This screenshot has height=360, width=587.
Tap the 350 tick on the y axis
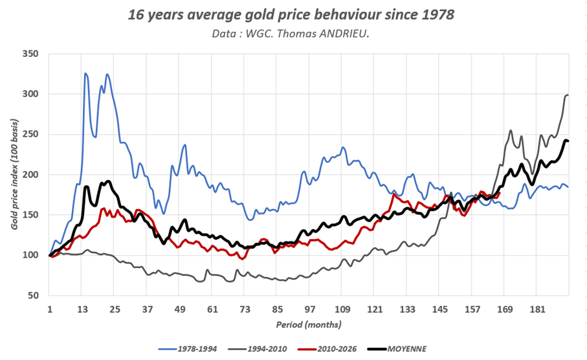[x=30, y=54]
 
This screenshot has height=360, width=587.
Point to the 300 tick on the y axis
[x=30, y=94]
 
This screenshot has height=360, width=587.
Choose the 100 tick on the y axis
[x=30, y=255]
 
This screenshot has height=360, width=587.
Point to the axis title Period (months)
[x=309, y=323]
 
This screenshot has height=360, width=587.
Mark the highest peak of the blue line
[x=85, y=74]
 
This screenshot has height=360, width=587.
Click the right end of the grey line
[x=568, y=95]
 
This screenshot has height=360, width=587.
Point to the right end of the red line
[x=499, y=192]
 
